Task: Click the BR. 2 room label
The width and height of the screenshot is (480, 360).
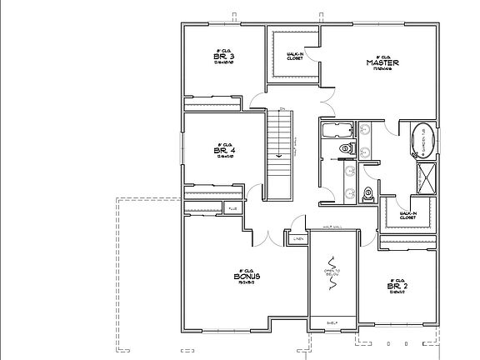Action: [x=397, y=286]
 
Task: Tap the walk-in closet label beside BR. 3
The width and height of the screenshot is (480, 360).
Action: [x=293, y=57]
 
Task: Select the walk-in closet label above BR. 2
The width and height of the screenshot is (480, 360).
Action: [x=408, y=216]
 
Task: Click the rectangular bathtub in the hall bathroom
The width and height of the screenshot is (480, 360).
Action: [x=337, y=129]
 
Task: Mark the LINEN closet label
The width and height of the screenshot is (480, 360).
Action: [x=297, y=240]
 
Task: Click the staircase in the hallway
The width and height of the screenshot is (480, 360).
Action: [x=279, y=154]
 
